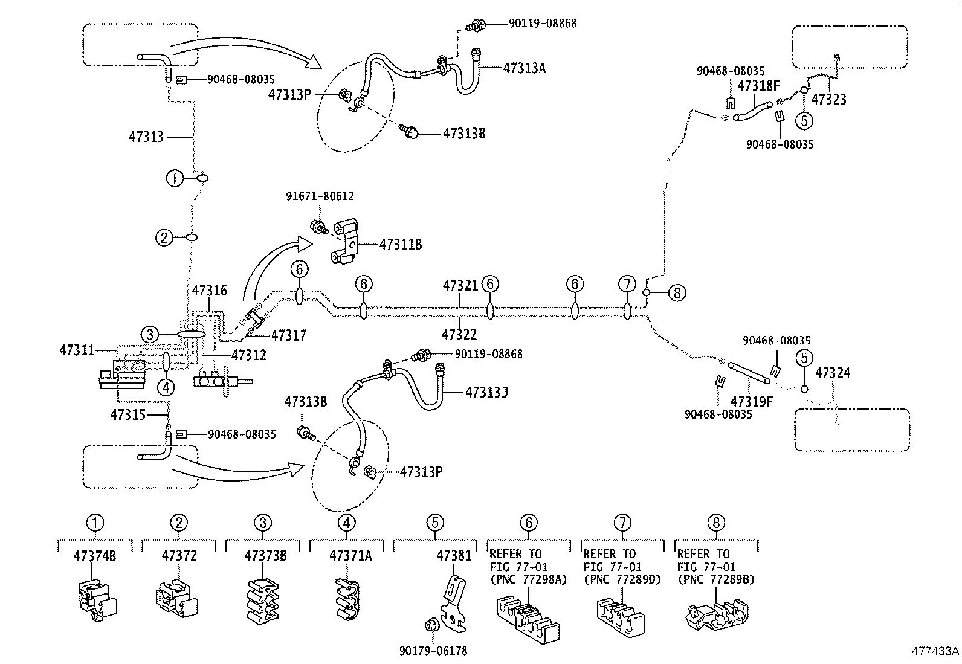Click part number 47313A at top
(524, 68)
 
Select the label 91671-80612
(320, 196)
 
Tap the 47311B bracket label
(400, 245)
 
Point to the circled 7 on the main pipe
(627, 284)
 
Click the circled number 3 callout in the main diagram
(150, 334)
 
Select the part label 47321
(460, 285)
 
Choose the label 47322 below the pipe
(459, 334)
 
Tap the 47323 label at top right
(828, 100)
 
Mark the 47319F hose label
(751, 401)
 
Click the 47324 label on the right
(832, 373)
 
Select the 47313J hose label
(486, 393)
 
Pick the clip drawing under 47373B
(263, 599)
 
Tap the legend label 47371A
(350, 555)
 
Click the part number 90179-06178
(433, 651)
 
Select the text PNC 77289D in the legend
(622, 579)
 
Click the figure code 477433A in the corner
(935, 651)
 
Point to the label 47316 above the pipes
(209, 291)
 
